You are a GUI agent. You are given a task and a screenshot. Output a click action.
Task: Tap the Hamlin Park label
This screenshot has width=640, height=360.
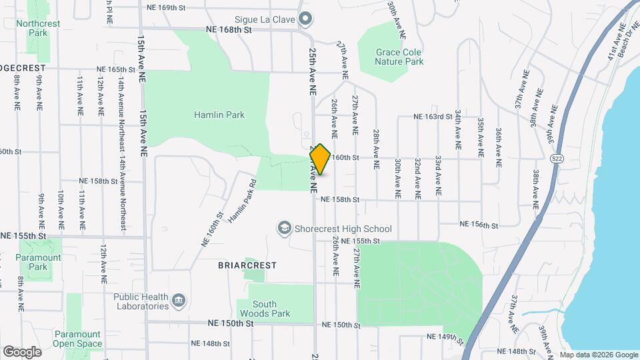click(219, 115)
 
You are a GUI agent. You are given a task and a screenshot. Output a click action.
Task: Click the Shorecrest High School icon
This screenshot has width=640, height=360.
click(285, 229)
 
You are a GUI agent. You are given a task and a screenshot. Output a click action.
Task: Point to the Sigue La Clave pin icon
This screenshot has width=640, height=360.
click(305, 19)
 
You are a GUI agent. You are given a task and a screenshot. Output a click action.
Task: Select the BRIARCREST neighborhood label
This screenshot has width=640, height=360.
click(247, 265)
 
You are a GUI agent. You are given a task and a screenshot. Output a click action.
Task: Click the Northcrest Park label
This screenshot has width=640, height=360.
click(38, 28)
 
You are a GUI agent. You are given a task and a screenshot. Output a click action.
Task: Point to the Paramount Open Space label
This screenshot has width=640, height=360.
click(77, 339)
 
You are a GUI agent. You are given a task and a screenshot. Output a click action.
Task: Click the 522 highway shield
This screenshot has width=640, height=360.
click(556, 159)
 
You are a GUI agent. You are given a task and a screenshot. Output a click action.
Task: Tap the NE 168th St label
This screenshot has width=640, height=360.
click(230, 30)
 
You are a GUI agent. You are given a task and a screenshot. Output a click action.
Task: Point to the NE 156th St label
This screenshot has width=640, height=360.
click(479, 225)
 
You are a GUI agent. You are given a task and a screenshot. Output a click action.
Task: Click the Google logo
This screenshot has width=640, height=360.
click(21, 351)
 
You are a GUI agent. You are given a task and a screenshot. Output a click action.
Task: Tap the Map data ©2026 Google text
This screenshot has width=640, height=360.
click(598, 355)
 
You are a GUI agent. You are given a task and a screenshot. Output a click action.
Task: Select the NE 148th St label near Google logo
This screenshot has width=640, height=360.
click(209, 344)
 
